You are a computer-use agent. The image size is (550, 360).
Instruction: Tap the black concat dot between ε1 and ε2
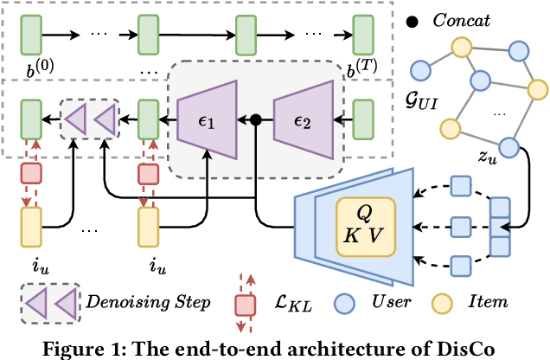(257, 120)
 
